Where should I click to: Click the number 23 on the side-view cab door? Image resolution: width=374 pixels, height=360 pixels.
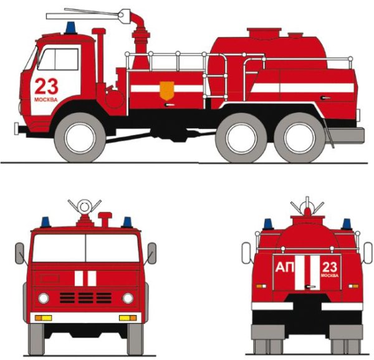pos(47,86)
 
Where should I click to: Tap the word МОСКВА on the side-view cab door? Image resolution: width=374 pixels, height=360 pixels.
pos(46,100)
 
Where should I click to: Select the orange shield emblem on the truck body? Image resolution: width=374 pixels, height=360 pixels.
pos(166,90)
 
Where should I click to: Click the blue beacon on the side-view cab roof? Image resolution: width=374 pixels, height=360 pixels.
pos(70,28)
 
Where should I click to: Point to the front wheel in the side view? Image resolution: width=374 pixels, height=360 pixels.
pos(80,138)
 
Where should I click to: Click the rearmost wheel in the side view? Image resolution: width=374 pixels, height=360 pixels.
pos(299,138)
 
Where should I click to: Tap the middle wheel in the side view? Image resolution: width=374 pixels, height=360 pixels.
pos(241,138)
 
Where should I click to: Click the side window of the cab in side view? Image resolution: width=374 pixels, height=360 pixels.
pos(59,59)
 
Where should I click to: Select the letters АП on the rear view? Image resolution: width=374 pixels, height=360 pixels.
pos(285,267)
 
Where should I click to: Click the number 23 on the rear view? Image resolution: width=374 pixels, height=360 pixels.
pos(330,268)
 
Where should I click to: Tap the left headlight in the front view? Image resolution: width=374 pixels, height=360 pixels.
pos(44,298)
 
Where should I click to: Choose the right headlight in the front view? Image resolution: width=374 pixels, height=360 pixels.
pos(128,298)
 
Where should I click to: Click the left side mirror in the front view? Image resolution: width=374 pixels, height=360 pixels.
pos(19,253)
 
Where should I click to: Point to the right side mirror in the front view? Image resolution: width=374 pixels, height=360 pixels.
pos(152,253)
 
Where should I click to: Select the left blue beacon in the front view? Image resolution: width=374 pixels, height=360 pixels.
pos(46,222)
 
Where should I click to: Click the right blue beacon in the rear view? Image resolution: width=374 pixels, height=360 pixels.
pos(347,224)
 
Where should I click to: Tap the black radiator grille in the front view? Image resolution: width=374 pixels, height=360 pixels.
pos(85,298)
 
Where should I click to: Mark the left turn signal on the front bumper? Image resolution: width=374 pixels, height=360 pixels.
pos(43,318)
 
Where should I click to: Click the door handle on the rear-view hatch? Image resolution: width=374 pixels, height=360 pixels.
pos(310,287)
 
